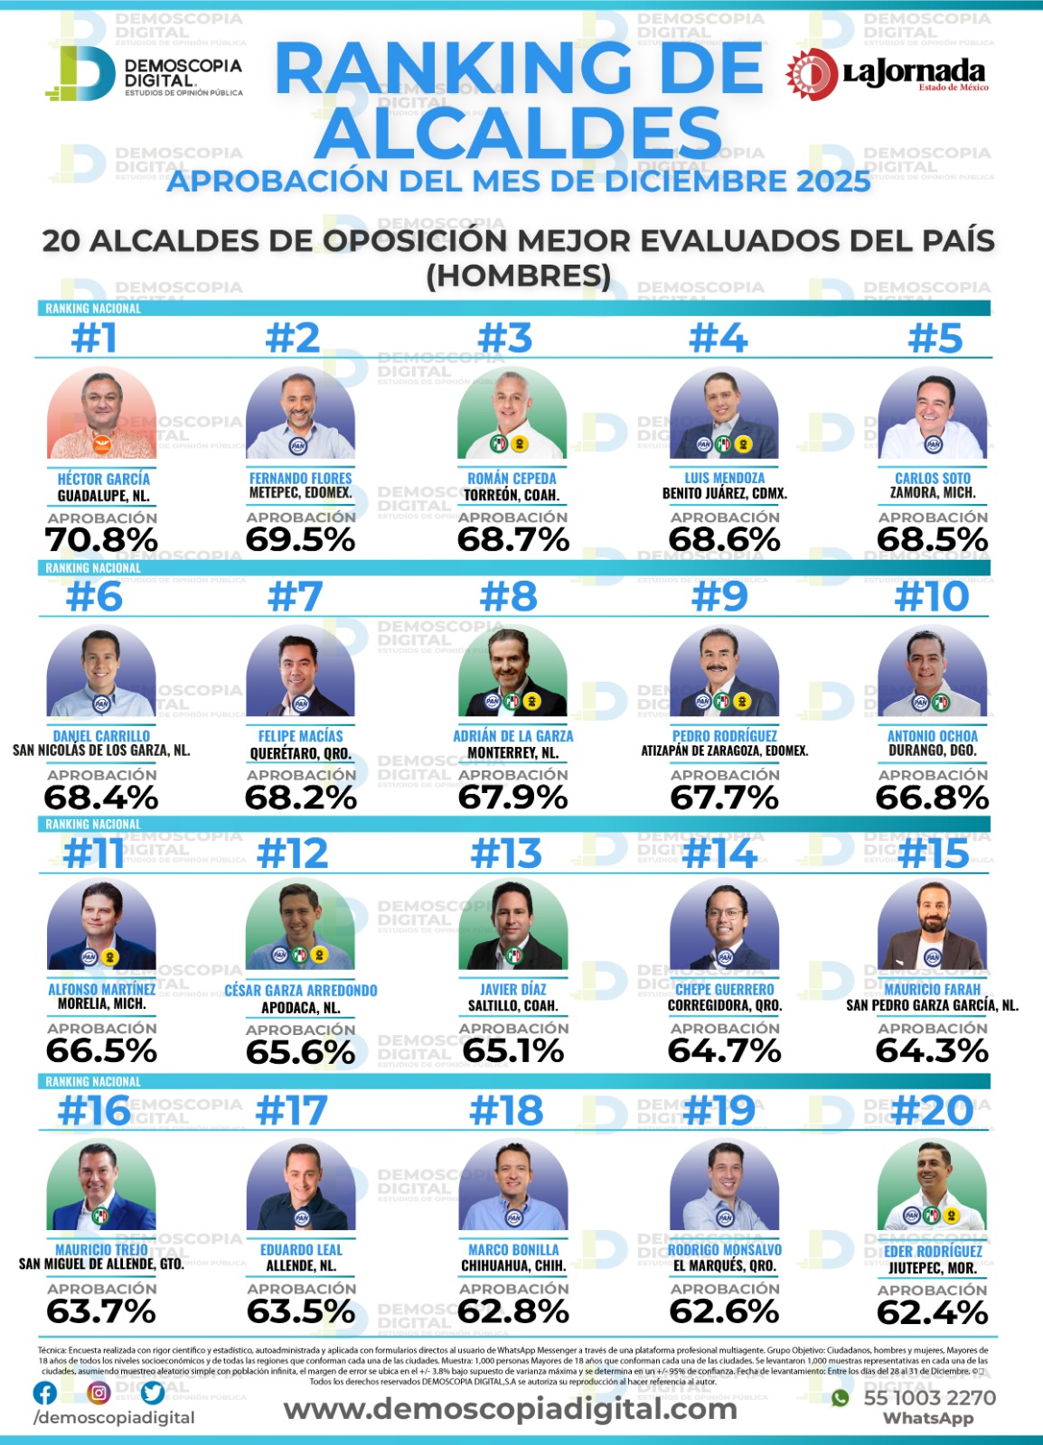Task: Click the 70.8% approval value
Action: coord(101,540)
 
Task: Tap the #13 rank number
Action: coord(506,853)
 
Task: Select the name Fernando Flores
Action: coord(300,478)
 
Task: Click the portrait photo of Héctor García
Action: coord(101,414)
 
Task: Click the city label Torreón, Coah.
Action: coord(512,495)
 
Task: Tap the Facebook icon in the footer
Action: coord(44,1393)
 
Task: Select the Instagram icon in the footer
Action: coord(99,1393)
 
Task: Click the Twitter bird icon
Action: coord(153,1393)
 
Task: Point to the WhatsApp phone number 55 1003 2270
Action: coord(929,1398)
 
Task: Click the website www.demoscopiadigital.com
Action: coord(511,1409)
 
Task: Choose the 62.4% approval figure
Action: coord(932,1312)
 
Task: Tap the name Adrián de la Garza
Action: coord(512,736)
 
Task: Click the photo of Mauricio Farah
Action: coord(932,926)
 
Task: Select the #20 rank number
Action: coord(932,1110)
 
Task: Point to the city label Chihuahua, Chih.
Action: coord(513,1266)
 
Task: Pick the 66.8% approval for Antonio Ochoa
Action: coord(932,797)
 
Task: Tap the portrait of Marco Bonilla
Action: coord(513,1184)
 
